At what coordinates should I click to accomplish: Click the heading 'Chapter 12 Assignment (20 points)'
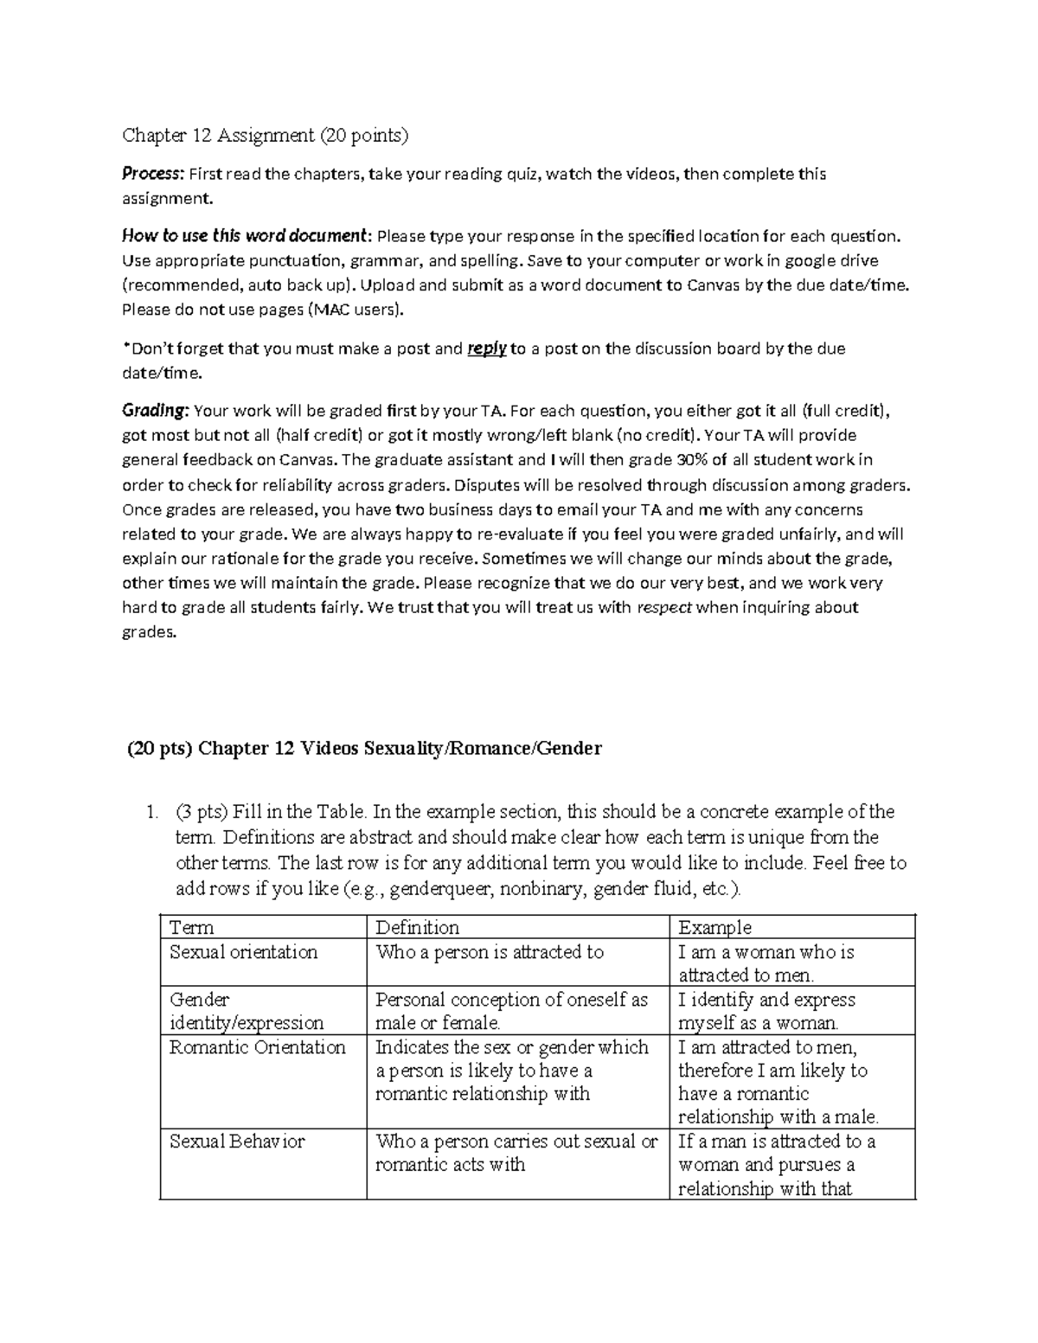(x=265, y=135)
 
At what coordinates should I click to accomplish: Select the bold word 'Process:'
(x=153, y=174)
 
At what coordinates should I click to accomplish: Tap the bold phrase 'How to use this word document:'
(x=247, y=236)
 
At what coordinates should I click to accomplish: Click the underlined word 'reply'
(x=486, y=349)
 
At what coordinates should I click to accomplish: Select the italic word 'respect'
(x=664, y=608)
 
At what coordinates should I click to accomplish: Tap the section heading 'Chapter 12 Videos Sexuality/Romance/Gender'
(x=400, y=749)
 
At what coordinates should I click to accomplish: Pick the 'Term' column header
(x=191, y=928)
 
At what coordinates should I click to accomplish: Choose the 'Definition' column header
(x=417, y=928)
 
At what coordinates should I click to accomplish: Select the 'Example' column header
(x=714, y=928)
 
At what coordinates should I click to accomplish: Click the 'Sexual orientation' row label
(x=244, y=952)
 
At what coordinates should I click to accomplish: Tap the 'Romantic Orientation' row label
(x=257, y=1047)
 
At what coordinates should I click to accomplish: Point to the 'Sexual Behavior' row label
(x=237, y=1142)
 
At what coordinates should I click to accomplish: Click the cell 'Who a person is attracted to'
(x=489, y=952)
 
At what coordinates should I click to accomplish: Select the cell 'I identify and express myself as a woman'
(x=766, y=1011)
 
